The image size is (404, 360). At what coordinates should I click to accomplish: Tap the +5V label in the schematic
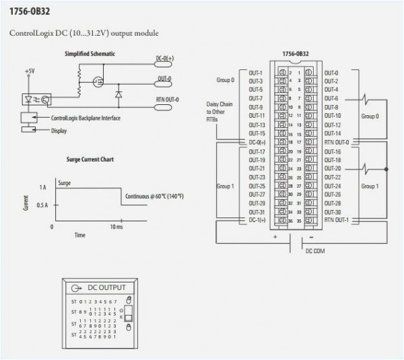coord(29,71)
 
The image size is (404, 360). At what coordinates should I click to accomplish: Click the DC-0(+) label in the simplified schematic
coord(164,59)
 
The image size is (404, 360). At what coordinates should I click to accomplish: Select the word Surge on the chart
coord(66,182)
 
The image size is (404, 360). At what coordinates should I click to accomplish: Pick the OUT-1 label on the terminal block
coord(256,72)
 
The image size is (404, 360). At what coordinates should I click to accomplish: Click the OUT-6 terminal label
coord(331,98)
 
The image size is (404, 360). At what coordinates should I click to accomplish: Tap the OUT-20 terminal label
coord(333,168)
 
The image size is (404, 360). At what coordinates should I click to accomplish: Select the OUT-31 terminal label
coord(257,212)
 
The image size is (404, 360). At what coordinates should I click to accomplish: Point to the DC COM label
coord(315,251)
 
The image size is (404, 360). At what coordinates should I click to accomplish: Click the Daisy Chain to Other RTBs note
coord(220,112)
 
